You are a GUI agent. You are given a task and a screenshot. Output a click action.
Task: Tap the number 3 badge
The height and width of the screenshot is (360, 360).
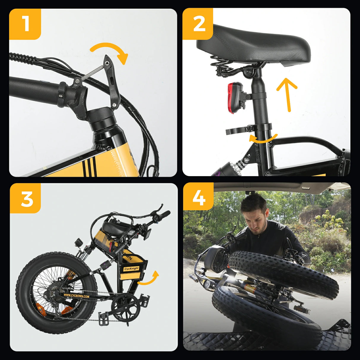[x=26, y=198]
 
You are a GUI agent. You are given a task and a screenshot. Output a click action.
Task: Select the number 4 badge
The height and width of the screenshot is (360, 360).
[x=198, y=198]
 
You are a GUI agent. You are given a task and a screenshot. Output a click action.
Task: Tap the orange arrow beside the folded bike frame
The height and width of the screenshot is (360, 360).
[x=148, y=279]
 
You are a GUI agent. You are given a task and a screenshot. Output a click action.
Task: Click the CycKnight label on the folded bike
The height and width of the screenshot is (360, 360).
[x=131, y=269]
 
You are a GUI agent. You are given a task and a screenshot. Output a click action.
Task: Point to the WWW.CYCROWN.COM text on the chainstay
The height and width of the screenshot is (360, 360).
[x=76, y=296]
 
